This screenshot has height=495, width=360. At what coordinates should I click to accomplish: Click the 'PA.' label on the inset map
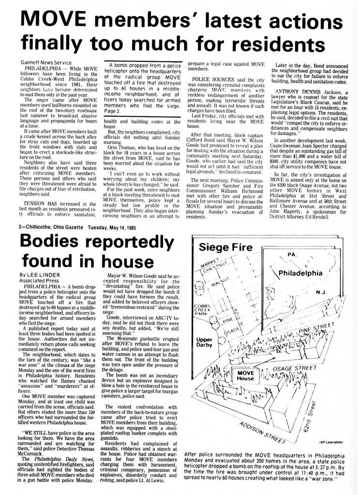(292, 254)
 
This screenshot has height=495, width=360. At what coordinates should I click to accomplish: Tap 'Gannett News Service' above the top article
(46, 63)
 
